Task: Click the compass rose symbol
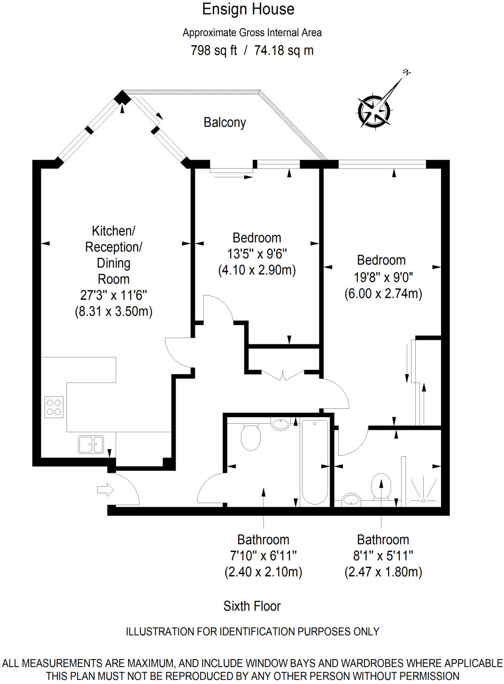374,111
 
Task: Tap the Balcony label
225,123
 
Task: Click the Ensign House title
248,9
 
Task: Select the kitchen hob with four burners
54,407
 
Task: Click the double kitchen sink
91,444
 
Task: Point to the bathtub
314,462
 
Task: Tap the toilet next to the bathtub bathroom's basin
250,437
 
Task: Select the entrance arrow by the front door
105,490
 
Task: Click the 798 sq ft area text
214,50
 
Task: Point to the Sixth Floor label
252,606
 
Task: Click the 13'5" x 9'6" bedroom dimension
256,254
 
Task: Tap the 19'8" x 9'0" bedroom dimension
383,277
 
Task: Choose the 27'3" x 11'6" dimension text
114,295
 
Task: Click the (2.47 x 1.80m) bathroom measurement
383,572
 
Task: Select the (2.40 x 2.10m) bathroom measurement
263,572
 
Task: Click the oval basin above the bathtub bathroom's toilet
280,424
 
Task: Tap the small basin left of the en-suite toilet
350,499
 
